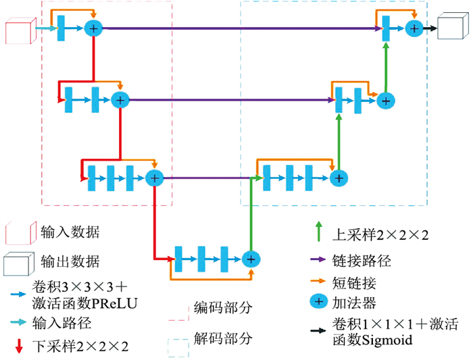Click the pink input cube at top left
tap(18, 32)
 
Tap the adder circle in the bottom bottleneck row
tap(251, 258)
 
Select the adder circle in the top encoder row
tap(93, 28)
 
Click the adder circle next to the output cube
tap(414, 28)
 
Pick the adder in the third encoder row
tap(155, 178)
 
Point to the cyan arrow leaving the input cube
tap(45, 28)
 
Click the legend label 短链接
tap(353, 280)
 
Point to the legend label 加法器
tap(353, 302)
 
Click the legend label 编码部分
tap(223, 308)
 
